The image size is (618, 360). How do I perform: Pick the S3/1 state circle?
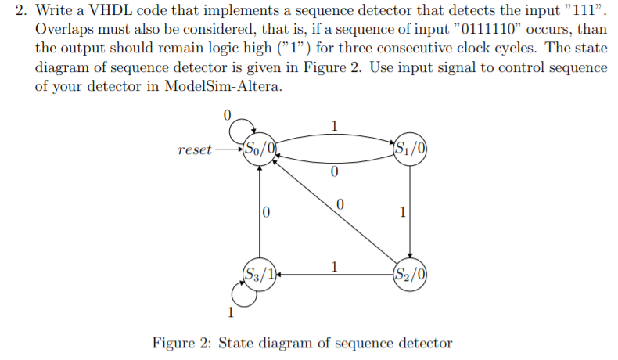[x=260, y=273]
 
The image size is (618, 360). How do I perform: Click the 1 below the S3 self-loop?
[x=230, y=314]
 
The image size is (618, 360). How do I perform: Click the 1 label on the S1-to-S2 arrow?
[x=402, y=211]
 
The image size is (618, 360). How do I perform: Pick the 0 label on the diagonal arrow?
[x=339, y=204]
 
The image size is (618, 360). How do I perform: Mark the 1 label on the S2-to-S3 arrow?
[x=335, y=266]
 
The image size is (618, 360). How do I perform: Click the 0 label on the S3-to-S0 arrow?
[x=267, y=211]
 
